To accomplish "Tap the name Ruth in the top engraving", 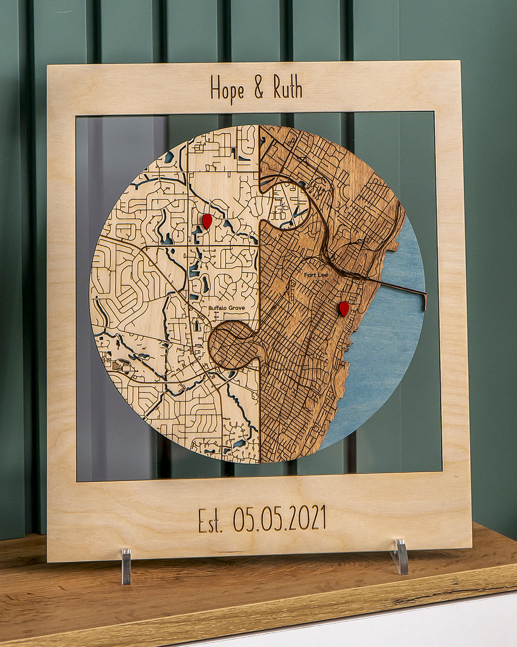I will pos(287,88).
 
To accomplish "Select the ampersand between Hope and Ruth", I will pos(258,88).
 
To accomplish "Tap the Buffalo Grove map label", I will pos(226,308).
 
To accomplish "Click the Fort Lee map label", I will pos(313,275).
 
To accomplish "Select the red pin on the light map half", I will pos(207,220).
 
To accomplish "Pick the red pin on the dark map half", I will pos(344,308).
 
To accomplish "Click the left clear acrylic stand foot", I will pos(126,566).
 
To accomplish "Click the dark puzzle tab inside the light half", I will pos(230,345).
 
